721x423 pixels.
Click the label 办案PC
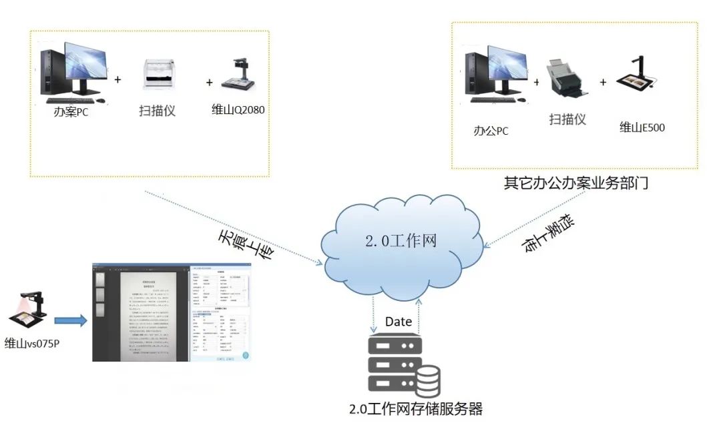[x=71, y=111]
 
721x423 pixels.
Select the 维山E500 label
[x=642, y=127]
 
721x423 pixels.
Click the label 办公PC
[x=491, y=131]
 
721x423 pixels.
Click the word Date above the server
[x=399, y=322]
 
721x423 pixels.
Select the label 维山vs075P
[x=36, y=343]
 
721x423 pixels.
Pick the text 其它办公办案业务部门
[x=576, y=183]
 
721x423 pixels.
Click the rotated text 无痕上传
[x=245, y=246]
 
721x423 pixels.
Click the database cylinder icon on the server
[x=425, y=381]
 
